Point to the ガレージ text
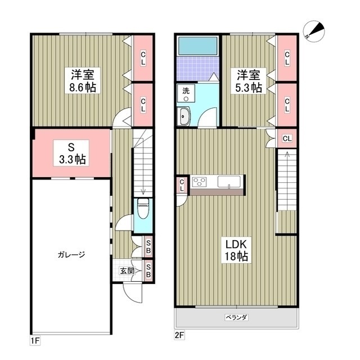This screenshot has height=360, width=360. click(70, 255)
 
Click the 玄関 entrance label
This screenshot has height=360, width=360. click(127, 271)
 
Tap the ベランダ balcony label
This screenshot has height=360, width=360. click(237, 317)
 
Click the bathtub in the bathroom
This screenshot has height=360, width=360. click(197, 46)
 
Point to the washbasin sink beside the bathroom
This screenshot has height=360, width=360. click(185, 116)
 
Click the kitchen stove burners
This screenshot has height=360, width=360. click(200, 182)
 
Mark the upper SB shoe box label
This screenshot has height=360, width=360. click(148, 246)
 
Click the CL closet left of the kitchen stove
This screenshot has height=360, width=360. click(181, 186)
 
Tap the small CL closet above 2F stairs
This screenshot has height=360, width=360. click(286, 138)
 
